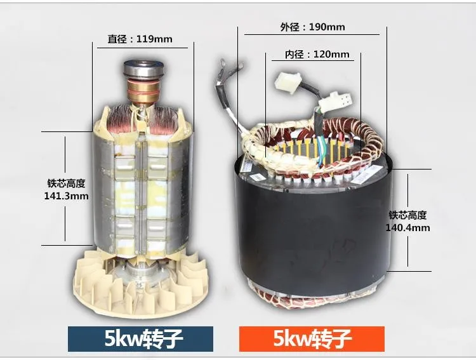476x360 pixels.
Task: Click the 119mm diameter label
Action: click(140, 39)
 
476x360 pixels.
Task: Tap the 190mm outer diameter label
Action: click(312, 27)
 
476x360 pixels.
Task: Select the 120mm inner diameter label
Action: click(317, 55)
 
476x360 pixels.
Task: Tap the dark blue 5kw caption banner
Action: click(140, 339)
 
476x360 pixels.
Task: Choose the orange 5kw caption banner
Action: click(312, 339)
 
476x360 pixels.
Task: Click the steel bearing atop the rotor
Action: click(144, 69)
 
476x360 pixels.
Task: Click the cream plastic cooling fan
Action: click(141, 284)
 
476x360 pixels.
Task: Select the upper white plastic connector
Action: click(288, 83)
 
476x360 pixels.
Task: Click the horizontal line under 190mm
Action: click(312, 35)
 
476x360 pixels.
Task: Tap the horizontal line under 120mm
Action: click(313, 61)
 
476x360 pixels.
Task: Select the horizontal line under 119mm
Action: click(142, 48)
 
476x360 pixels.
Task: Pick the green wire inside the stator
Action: click(320, 149)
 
